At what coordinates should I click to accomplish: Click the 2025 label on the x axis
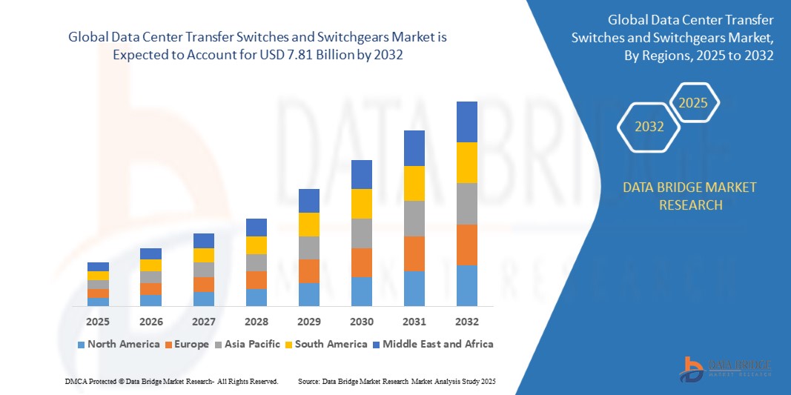(x=98, y=322)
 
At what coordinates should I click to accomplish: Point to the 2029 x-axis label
(x=309, y=322)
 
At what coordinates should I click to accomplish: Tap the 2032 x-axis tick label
(x=467, y=322)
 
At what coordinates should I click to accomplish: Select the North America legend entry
(x=118, y=344)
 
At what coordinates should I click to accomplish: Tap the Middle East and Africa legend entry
(x=434, y=344)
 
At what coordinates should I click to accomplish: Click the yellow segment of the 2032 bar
(x=467, y=162)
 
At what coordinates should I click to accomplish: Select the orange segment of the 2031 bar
(x=414, y=253)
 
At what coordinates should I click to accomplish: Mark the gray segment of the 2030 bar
(x=362, y=233)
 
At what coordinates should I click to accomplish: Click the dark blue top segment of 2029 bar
(x=309, y=200)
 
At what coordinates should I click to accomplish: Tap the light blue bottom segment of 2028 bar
(x=257, y=297)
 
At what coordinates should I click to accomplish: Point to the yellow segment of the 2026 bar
(x=151, y=265)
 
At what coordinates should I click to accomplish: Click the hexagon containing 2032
(x=649, y=127)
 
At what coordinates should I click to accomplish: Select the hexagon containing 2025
(x=694, y=103)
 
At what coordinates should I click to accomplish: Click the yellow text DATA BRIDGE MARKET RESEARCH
(x=690, y=196)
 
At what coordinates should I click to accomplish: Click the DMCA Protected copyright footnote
(x=171, y=381)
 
